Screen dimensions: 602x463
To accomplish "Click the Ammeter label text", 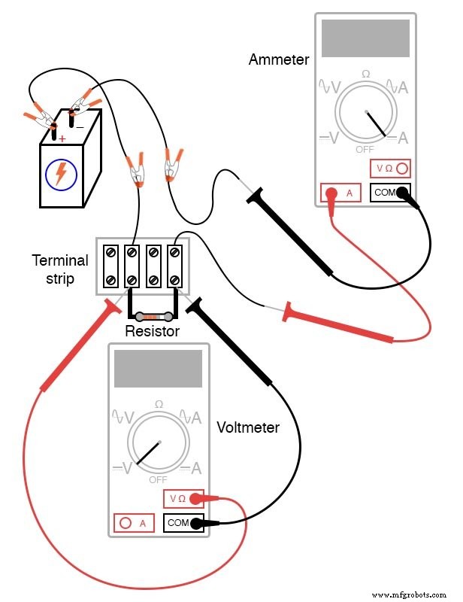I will coord(278,59).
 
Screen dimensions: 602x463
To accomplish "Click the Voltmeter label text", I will coord(247,427).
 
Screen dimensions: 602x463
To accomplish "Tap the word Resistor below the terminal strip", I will coord(152,331).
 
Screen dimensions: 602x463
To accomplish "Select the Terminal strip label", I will coord(59,269).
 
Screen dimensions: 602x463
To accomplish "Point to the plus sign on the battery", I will coord(62,138).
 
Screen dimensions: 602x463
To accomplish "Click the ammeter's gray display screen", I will coord(365,38).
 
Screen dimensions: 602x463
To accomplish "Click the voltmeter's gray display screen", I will coord(158,369).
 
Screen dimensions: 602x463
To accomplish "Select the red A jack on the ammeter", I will coord(330,193).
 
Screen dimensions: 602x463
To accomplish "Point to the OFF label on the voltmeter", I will coord(158,479).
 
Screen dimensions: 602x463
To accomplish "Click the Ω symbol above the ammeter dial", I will coord(366,74).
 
